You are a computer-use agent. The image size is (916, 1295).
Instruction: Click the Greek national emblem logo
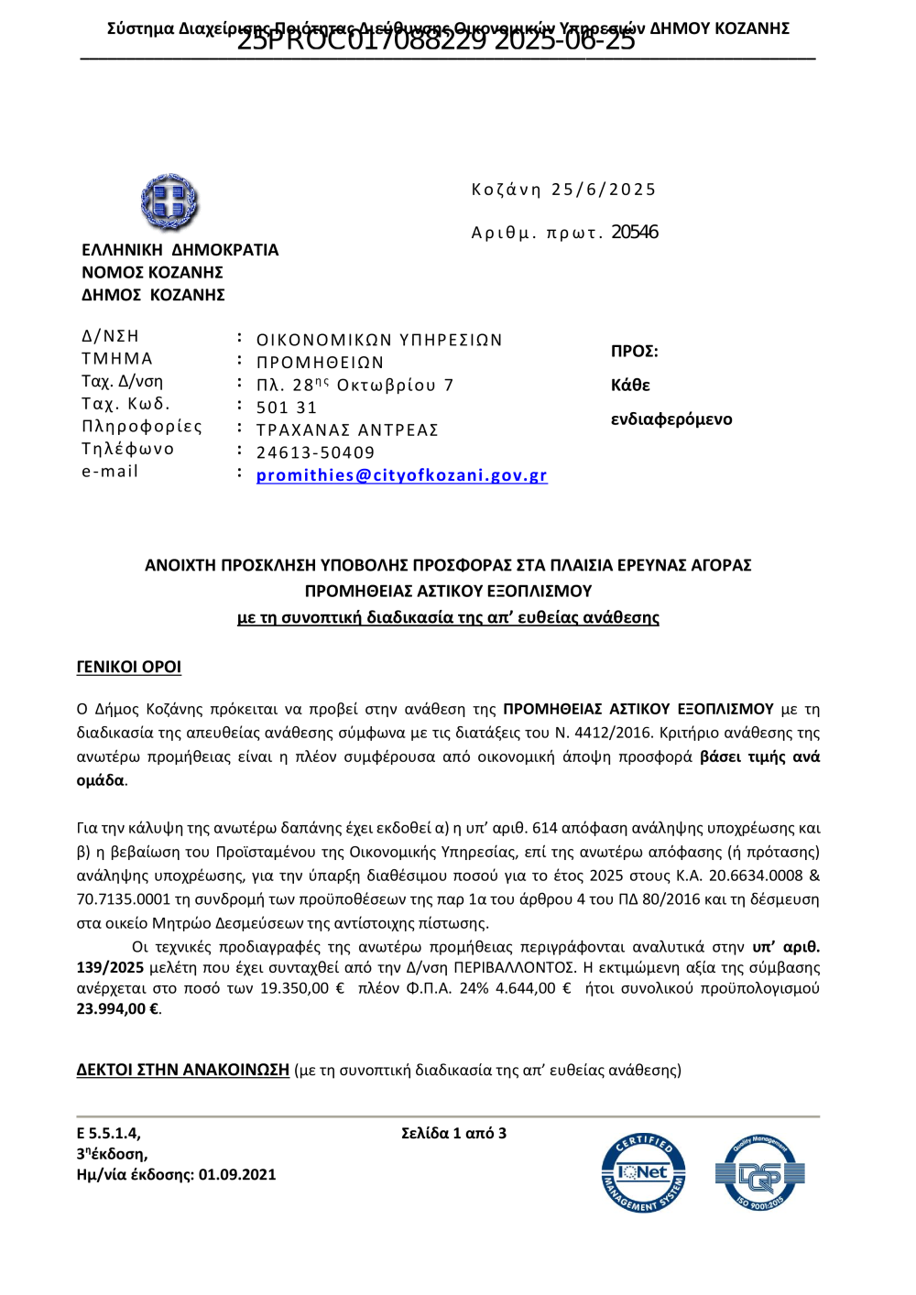pyautogui.click(x=169, y=202)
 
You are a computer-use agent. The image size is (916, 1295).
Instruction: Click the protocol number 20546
pyautogui.click(x=635, y=233)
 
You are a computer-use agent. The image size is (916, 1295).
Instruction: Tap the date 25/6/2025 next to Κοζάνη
pyautogui.click(x=604, y=190)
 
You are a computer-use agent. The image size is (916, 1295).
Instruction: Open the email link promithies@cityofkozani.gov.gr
pyautogui.click(x=401, y=475)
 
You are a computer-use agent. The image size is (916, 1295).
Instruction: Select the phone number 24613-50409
pyautogui.click(x=315, y=452)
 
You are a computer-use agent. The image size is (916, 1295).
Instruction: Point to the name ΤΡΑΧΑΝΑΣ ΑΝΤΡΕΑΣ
pyautogui.click(x=347, y=430)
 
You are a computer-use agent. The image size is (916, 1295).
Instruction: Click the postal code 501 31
pyautogui.click(x=286, y=408)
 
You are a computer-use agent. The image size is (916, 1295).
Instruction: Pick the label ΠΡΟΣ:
pyautogui.click(x=634, y=352)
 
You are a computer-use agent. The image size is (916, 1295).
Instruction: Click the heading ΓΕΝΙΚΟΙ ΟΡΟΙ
pyautogui.click(x=128, y=667)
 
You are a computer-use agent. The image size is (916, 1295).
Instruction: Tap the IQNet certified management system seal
pyautogui.click(x=643, y=1173)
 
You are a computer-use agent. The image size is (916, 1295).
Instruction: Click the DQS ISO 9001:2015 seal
pyautogui.click(x=759, y=1173)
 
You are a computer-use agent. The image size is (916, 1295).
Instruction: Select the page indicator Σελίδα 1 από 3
pyautogui.click(x=453, y=1133)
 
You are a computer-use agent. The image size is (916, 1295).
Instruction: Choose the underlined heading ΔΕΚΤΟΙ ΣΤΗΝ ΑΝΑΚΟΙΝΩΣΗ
pyautogui.click(x=182, y=1070)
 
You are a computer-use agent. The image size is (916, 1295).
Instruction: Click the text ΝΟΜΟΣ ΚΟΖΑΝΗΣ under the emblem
pyautogui.click(x=152, y=272)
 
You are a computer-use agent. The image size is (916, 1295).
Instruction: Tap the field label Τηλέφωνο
pyautogui.click(x=127, y=449)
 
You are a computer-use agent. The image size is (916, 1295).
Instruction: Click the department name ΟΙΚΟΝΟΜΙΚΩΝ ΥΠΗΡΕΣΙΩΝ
pyautogui.click(x=379, y=340)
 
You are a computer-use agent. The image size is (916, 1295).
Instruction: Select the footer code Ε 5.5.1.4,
pyautogui.click(x=108, y=1133)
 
